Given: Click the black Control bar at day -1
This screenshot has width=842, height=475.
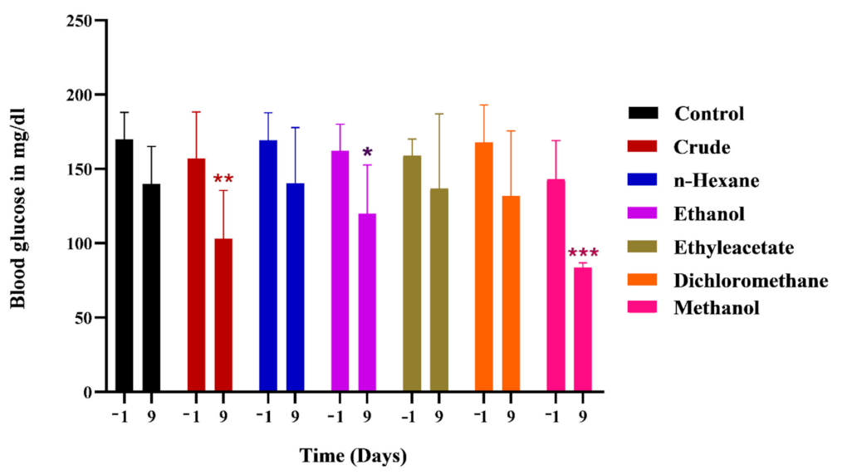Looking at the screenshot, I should pyautogui.click(x=125, y=266).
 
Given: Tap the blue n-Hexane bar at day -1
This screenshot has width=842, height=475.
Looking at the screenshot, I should pyautogui.click(x=268, y=266).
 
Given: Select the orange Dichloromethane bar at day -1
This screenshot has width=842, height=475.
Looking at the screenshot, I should pyautogui.click(x=484, y=266).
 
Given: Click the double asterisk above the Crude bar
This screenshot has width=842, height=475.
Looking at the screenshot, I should pyautogui.click(x=223, y=179).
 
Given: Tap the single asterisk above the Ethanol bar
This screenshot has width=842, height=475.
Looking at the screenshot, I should pyautogui.click(x=368, y=153).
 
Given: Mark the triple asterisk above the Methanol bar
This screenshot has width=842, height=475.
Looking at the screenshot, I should pyautogui.click(x=583, y=253).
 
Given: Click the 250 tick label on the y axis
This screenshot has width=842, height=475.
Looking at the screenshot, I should pyautogui.click(x=81, y=20).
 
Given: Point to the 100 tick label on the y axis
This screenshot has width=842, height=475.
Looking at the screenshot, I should pyautogui.click(x=81, y=243).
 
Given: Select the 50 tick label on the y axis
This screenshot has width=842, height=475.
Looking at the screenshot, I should pyautogui.click(x=86, y=317).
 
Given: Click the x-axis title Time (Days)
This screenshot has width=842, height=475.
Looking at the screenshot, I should pyautogui.click(x=353, y=456).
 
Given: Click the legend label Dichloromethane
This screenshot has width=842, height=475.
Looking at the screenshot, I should pyautogui.click(x=751, y=281).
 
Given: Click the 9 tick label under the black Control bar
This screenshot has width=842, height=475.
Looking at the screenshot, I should pyautogui.click(x=152, y=414).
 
